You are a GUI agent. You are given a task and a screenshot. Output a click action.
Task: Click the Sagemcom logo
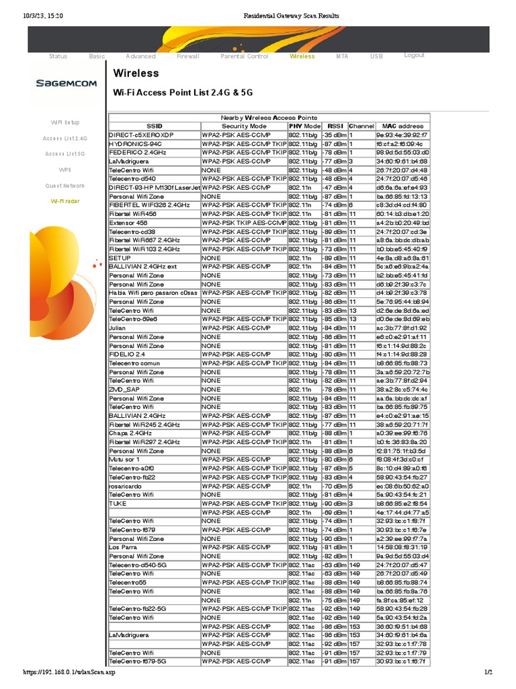tap(66, 83)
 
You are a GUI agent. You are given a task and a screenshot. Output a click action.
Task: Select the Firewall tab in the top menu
tap(187, 57)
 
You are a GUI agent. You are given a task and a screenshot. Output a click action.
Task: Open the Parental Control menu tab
tap(244, 57)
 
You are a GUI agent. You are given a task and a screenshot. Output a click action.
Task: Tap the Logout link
tap(414, 55)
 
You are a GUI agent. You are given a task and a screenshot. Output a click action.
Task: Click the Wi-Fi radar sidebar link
tap(65, 201)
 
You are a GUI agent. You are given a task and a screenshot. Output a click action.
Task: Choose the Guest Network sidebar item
tap(65, 186)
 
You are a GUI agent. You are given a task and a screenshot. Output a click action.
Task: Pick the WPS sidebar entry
tap(65, 170)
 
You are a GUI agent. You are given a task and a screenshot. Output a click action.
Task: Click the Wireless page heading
tap(136, 73)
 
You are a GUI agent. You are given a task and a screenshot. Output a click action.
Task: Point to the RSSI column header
tap(335, 126)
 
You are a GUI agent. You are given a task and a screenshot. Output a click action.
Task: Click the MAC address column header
tap(402, 126)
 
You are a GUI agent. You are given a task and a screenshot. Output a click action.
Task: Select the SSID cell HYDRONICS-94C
tap(136, 144)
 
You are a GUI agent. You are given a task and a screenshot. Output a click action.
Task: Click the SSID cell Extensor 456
tap(128, 223)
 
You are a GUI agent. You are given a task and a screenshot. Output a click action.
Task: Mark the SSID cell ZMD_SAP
tap(125, 390)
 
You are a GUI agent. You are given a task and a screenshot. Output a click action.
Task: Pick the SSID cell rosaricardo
tap(127, 486)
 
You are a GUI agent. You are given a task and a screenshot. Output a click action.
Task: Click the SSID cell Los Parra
tap(123, 548)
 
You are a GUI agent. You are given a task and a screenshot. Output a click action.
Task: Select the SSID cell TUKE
tap(118, 503)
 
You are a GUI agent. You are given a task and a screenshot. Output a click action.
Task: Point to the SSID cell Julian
tap(118, 328)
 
